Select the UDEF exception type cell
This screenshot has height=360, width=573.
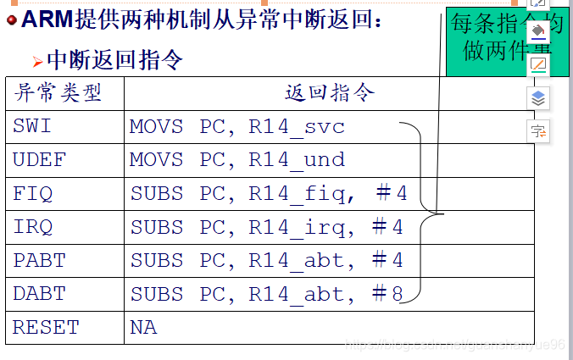39,160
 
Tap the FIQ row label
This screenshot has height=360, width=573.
33,193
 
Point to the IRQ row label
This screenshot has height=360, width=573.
33,227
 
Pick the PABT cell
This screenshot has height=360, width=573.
39,260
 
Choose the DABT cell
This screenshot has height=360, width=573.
39,294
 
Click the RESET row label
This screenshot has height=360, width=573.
46,327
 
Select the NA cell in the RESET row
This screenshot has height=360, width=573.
143,327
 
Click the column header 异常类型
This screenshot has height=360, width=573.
58,93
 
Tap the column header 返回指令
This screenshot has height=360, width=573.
329,93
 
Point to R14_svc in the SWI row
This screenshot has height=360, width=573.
297,127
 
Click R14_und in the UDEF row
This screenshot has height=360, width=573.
297,160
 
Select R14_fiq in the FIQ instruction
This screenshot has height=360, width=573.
297,194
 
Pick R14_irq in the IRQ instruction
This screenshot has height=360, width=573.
297,227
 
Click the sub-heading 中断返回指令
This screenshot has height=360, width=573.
114,59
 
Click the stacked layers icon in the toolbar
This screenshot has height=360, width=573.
538,99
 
